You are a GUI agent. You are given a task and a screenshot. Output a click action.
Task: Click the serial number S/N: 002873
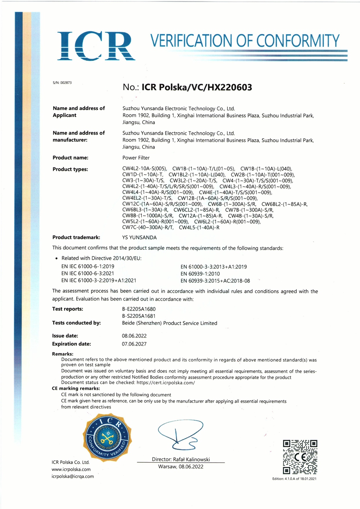(62, 83)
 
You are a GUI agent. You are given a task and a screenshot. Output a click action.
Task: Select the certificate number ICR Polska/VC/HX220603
(197, 87)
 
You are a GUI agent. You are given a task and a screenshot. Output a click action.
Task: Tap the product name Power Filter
(136, 158)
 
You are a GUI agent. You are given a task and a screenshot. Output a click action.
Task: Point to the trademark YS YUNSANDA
(139, 238)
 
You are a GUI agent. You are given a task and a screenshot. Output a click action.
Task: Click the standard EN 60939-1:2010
(200, 274)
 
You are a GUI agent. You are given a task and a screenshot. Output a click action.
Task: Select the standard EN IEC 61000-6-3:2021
(88, 274)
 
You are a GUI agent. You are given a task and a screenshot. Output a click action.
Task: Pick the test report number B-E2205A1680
(139, 309)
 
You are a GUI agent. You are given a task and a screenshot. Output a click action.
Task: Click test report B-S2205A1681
(139, 316)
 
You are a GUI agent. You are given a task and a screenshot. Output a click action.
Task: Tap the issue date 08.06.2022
(134, 336)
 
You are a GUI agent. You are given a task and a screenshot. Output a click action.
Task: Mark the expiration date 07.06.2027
(134, 344)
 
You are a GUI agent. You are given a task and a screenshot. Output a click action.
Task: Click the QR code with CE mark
(300, 457)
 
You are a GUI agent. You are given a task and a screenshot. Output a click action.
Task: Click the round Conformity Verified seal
(107, 436)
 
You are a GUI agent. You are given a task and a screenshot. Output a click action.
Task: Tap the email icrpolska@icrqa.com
(73, 476)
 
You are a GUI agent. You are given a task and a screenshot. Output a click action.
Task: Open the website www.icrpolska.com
(71, 469)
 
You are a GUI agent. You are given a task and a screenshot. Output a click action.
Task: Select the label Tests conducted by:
(76, 323)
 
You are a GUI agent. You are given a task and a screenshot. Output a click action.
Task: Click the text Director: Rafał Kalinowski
(181, 459)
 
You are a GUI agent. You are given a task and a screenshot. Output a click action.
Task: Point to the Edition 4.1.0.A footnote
(294, 479)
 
